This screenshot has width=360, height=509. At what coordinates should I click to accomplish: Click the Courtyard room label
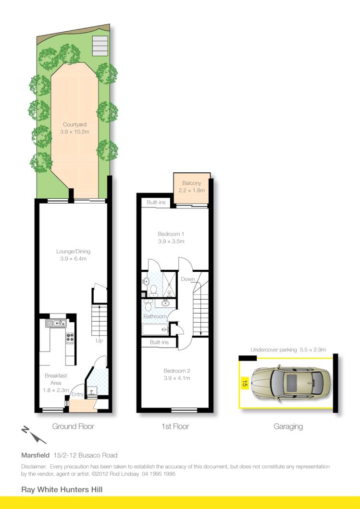(x=74, y=124)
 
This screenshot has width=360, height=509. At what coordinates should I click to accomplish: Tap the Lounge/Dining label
(x=73, y=251)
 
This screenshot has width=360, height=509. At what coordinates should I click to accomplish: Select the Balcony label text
(x=192, y=183)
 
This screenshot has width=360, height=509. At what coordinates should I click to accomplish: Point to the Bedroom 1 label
(x=171, y=234)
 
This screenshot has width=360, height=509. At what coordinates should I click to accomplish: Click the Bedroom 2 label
(x=177, y=371)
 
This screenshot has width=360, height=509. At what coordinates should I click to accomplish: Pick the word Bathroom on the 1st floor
(x=155, y=316)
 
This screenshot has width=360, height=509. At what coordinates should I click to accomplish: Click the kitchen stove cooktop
(x=70, y=339)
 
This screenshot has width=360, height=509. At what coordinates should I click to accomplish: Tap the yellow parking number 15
(x=244, y=384)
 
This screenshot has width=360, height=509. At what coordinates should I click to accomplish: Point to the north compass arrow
(x=33, y=434)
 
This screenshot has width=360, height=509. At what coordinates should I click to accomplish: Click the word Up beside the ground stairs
(x=99, y=340)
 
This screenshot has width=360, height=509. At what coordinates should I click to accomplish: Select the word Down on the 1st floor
(x=188, y=279)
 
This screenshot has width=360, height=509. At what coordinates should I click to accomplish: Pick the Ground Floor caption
(x=73, y=426)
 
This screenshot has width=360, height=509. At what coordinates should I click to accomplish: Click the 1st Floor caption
(x=175, y=426)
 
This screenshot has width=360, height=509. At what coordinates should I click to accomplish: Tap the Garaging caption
(x=288, y=426)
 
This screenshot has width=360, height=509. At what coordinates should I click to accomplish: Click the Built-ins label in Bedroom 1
(x=156, y=203)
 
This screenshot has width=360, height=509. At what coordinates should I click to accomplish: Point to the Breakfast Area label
(x=52, y=379)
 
